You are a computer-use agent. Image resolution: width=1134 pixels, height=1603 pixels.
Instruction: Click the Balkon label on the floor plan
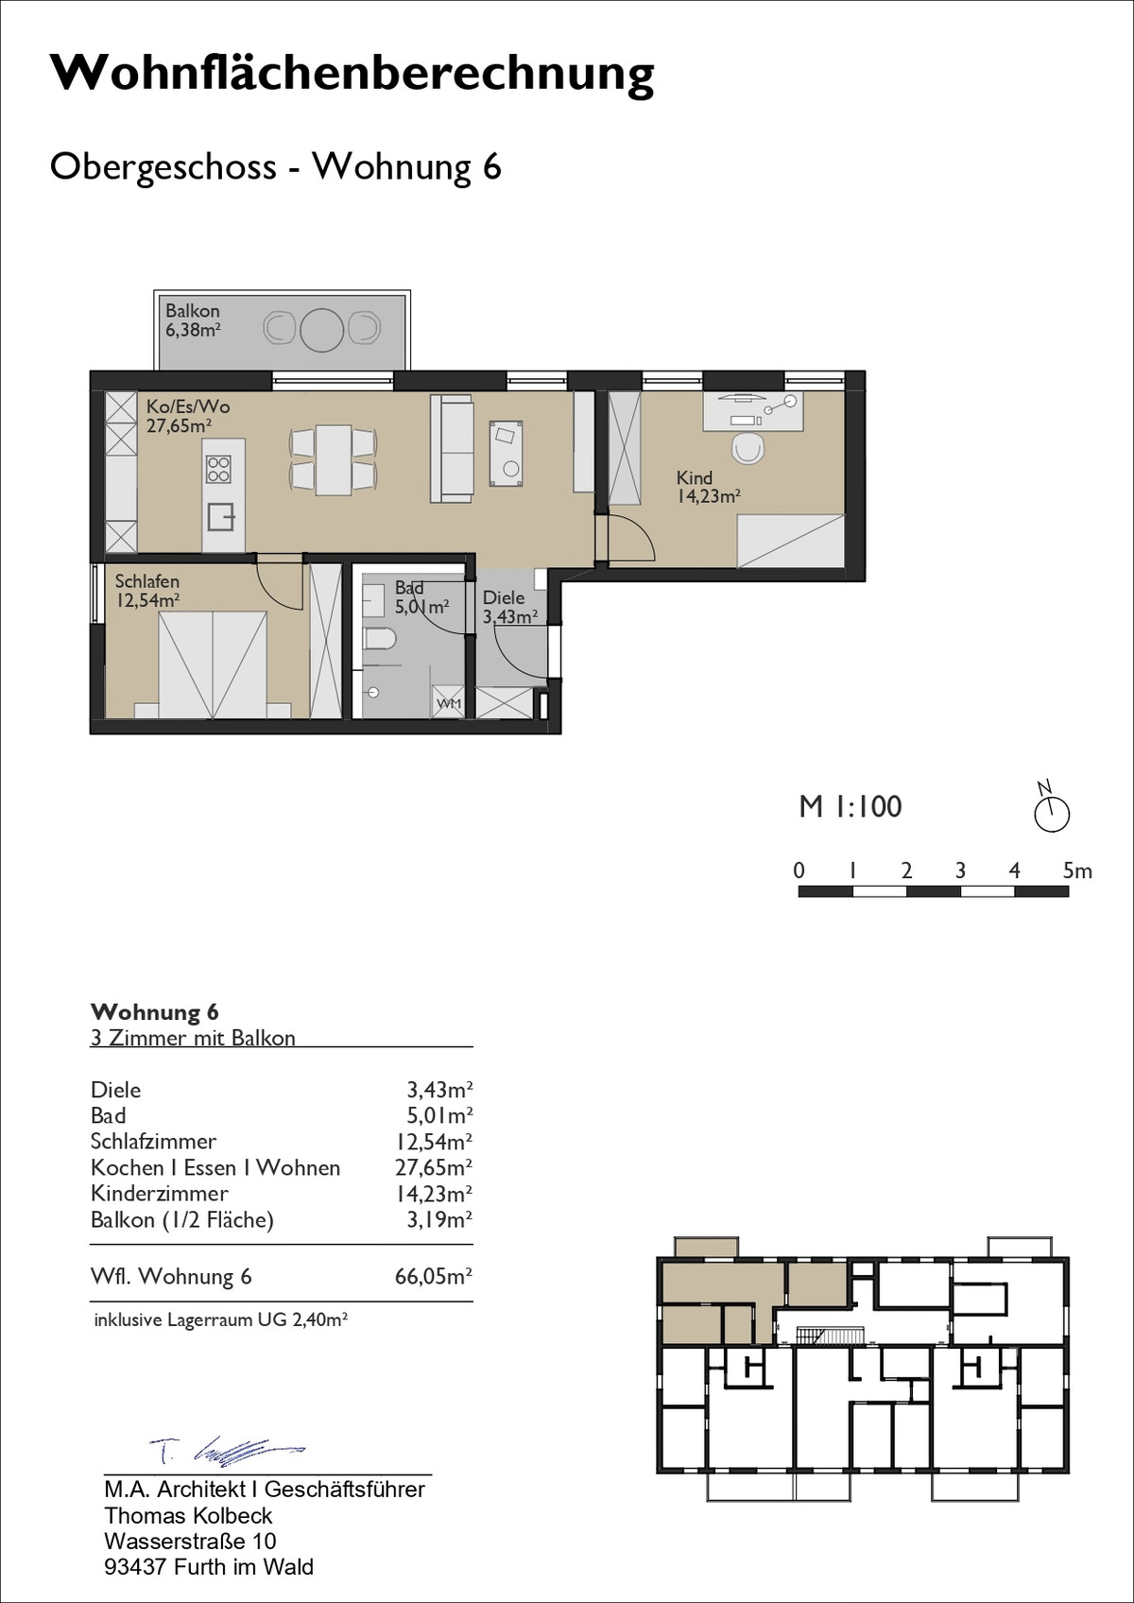(193, 311)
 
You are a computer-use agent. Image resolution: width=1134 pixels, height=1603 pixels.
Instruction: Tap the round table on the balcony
(322, 329)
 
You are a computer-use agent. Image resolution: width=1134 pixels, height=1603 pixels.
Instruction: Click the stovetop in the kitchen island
(218, 470)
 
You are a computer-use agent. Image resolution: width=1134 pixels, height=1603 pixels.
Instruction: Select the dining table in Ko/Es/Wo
(334, 459)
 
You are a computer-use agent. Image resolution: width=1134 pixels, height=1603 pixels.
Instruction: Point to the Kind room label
(695, 477)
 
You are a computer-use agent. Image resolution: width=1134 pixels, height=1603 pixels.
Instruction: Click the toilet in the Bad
(379, 638)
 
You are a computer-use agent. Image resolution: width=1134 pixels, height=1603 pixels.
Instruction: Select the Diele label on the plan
(504, 597)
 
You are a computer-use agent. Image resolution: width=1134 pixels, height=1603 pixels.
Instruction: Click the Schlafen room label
(146, 581)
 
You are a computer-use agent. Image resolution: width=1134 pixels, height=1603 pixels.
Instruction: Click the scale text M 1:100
(850, 806)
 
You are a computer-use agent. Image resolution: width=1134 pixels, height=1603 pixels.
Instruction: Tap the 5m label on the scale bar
(1077, 870)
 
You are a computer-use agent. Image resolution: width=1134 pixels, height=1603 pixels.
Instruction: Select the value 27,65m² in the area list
(434, 1168)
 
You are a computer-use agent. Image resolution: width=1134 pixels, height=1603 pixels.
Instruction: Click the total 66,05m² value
(434, 1277)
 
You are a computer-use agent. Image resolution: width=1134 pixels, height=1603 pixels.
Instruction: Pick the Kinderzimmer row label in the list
(160, 1194)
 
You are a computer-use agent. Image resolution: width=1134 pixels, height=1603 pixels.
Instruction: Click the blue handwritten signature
(228, 1449)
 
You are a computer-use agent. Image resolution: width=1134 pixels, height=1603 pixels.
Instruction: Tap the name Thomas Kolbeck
(188, 1515)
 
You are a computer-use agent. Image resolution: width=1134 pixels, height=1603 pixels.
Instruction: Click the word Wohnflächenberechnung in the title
(352, 74)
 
